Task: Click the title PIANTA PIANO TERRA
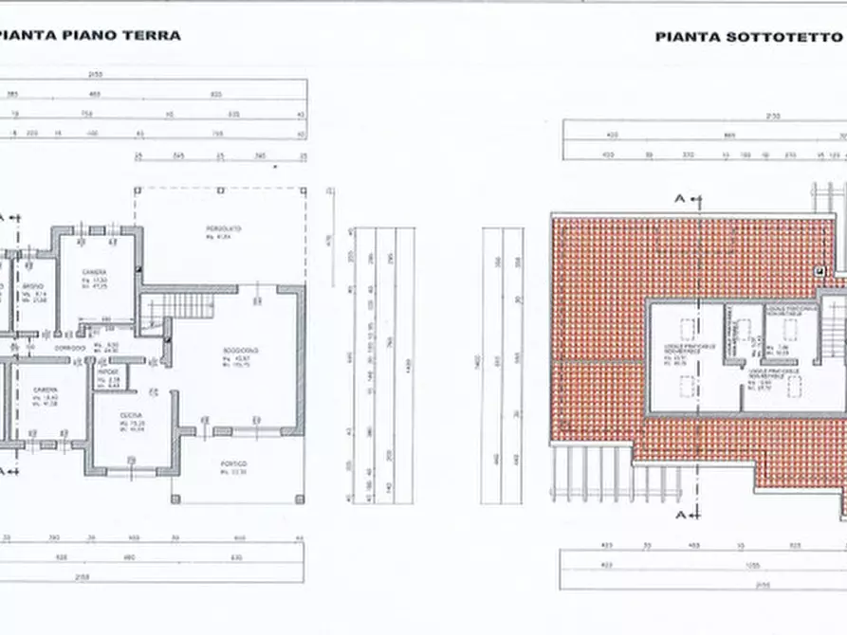pos(90,36)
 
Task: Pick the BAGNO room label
pos(34,286)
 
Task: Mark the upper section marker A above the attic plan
pos(680,197)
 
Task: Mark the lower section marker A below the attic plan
pos(680,514)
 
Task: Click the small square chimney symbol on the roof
pos(817,271)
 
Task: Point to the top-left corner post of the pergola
pos(137,189)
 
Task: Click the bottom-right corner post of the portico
pos(304,501)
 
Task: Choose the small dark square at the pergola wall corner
pos(138,270)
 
